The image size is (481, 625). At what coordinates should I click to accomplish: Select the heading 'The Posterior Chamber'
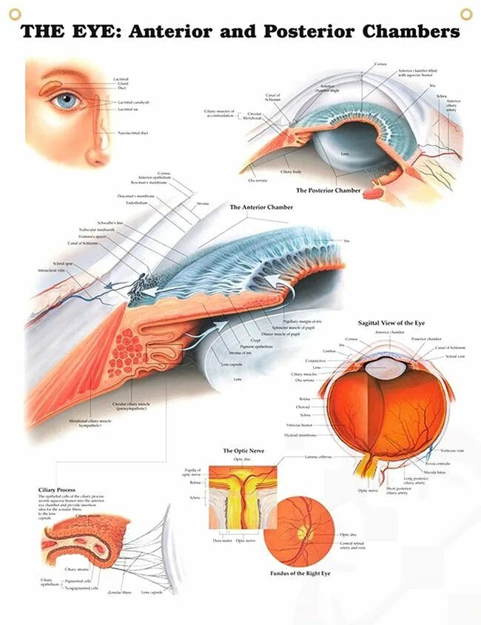click(x=329, y=190)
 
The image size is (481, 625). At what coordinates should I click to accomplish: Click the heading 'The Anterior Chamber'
click(x=261, y=207)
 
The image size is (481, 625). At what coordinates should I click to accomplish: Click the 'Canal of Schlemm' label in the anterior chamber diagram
click(x=82, y=243)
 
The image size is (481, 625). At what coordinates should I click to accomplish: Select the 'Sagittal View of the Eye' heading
click(x=392, y=323)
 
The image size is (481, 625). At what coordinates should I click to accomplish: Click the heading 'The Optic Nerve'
click(x=244, y=450)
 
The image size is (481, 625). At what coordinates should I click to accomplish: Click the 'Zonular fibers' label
click(x=120, y=592)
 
